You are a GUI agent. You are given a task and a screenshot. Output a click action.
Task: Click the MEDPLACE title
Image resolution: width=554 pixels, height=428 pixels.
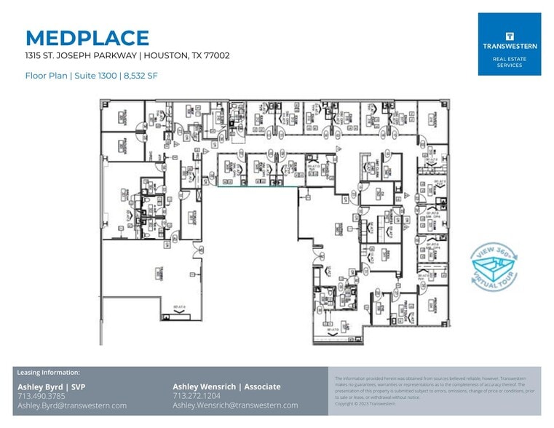click(87, 38)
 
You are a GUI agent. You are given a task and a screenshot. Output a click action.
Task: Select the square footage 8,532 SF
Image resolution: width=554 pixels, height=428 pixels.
click(141, 75)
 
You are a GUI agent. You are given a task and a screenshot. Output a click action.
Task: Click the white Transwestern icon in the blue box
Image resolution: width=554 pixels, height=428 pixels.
click(510, 35)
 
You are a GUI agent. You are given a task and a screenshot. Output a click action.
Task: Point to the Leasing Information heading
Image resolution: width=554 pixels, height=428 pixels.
click(48, 373)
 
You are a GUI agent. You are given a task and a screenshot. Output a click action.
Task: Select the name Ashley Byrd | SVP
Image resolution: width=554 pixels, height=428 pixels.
click(51, 387)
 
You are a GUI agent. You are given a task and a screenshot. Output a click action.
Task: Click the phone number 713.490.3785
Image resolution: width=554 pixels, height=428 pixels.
click(41, 396)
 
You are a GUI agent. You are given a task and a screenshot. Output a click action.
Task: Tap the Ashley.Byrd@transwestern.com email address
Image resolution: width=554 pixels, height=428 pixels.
click(72, 405)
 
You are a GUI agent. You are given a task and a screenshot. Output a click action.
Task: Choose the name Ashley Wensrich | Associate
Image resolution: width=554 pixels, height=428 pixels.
click(226, 387)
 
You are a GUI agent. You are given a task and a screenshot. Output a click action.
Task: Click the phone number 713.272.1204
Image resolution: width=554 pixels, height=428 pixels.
click(197, 396)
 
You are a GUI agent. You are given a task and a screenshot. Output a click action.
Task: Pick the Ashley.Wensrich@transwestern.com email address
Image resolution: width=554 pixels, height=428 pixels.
click(235, 405)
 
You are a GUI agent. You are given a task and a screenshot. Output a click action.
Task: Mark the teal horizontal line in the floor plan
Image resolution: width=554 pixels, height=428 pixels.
click(258, 187)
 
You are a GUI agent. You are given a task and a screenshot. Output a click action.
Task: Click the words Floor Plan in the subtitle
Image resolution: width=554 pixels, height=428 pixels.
click(45, 75)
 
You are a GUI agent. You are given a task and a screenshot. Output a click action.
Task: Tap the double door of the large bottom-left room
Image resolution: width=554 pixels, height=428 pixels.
click(198, 248)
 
